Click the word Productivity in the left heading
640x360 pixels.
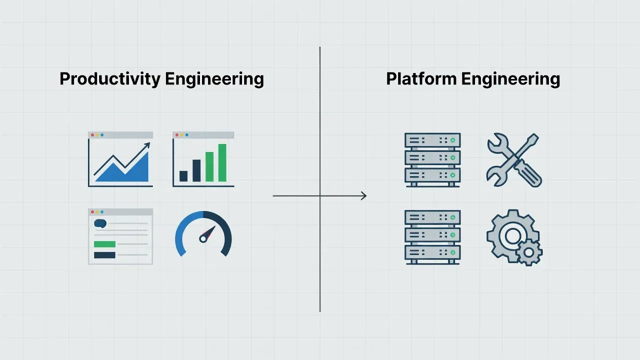(109, 79)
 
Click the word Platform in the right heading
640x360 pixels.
(421, 78)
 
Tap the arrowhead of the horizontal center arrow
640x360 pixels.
(364, 196)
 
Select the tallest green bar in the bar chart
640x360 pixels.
(222, 163)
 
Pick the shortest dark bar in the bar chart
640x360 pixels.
(183, 176)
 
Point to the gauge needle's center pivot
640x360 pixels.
(202, 239)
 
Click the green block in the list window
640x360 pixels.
(105, 244)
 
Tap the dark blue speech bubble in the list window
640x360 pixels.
(100, 223)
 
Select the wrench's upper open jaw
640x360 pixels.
(497, 141)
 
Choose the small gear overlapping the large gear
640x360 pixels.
(529, 253)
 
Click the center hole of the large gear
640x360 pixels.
(512, 236)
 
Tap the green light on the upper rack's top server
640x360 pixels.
(452, 140)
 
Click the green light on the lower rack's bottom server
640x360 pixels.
(452, 252)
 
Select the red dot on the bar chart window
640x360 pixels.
(177, 135)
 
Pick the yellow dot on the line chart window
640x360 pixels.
(97, 135)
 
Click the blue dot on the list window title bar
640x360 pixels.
(102, 212)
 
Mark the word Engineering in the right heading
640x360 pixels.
(510, 79)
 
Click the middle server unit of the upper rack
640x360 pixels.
(432, 157)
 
